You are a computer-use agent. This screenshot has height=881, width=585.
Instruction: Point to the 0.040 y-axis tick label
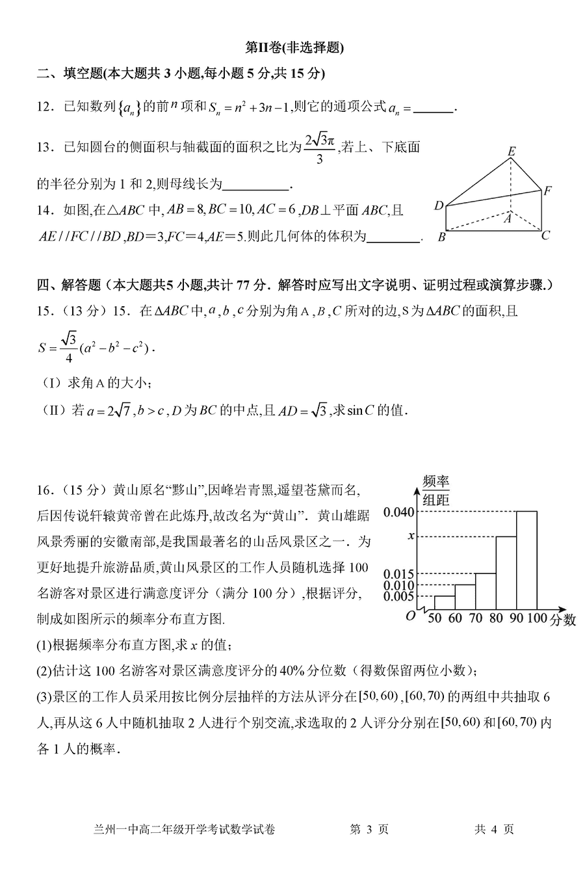(398, 512)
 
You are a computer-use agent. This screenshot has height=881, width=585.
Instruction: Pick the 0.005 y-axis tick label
(398, 596)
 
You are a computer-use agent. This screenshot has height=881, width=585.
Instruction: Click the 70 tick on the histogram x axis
(475, 618)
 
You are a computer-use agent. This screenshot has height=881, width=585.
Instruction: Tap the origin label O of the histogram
(410, 616)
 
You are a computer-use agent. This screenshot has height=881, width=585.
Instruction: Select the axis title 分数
(562, 620)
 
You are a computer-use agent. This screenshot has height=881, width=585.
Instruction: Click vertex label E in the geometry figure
(512, 152)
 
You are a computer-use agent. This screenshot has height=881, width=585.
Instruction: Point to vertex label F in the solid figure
(548, 191)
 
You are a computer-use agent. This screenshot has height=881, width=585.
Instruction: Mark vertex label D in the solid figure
(439, 206)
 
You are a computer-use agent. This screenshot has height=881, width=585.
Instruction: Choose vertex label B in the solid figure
(441, 237)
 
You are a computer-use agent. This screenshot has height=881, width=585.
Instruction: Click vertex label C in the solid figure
(546, 235)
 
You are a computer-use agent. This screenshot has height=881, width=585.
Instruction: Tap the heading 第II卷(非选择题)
(293, 47)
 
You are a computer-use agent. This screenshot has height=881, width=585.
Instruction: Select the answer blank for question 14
(393, 241)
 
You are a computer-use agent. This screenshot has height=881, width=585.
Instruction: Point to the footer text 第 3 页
(369, 847)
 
